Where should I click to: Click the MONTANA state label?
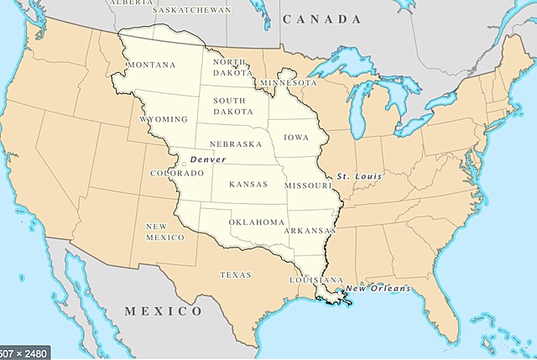(x=150, y=65)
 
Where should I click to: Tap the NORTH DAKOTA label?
(x=229, y=67)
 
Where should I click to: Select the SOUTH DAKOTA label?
(x=229, y=106)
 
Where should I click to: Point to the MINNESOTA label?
(x=289, y=84)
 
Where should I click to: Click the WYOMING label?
(x=164, y=120)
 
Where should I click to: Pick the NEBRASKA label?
(x=236, y=144)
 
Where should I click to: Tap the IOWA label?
(x=295, y=136)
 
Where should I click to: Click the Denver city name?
(x=206, y=159)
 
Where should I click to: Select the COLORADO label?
(x=176, y=174)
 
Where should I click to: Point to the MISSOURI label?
(x=310, y=185)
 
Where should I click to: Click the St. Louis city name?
(x=359, y=177)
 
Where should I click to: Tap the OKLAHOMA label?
(x=257, y=222)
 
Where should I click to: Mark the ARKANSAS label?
(x=310, y=230)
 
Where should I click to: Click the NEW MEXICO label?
(x=164, y=232)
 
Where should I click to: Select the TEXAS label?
(x=235, y=274)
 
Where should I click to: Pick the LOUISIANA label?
(x=317, y=279)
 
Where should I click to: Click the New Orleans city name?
(x=378, y=290)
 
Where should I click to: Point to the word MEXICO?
(x=164, y=311)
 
